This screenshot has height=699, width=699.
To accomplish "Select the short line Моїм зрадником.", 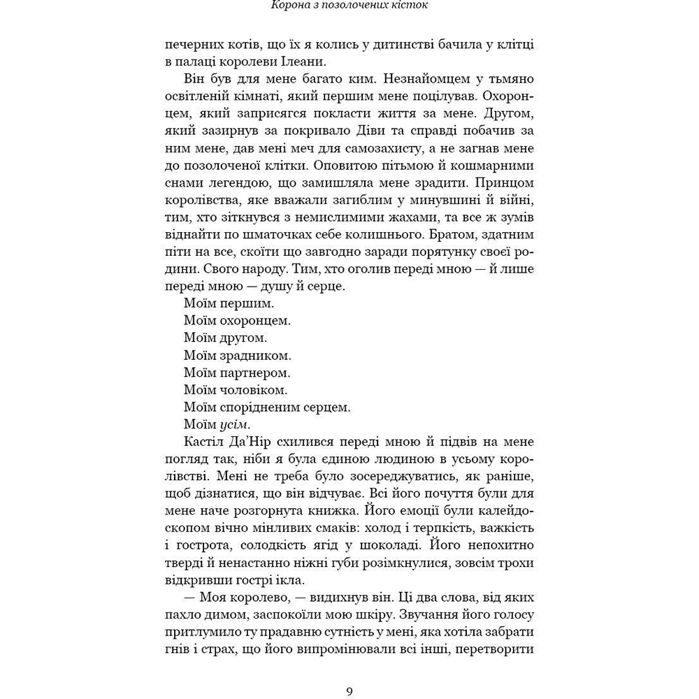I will [238, 355].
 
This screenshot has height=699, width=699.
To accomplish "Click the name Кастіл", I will [204, 442].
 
